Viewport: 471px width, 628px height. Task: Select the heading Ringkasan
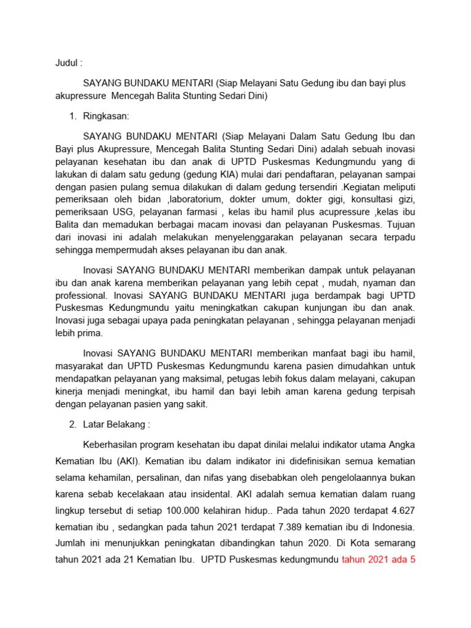coord(107,115)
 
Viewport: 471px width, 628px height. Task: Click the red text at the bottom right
coord(377,559)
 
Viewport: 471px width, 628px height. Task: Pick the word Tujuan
coord(400,225)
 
